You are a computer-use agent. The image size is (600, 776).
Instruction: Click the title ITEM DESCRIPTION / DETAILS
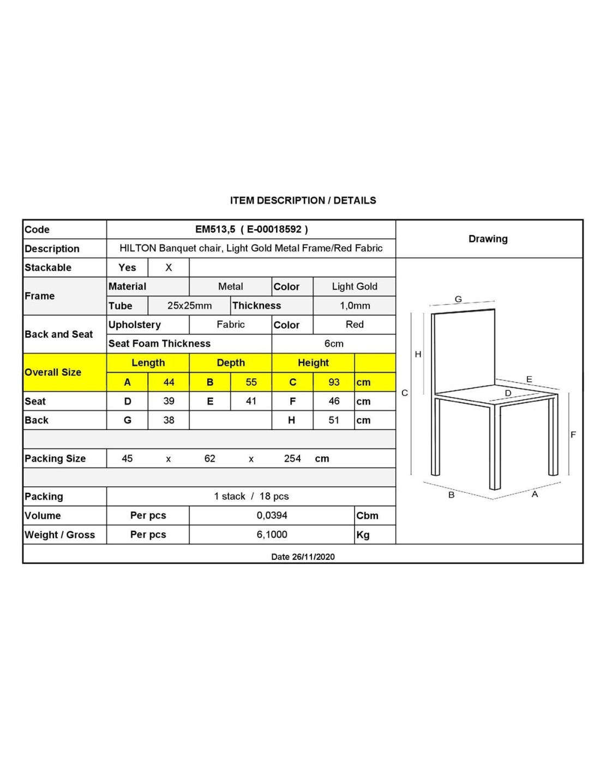click(x=303, y=200)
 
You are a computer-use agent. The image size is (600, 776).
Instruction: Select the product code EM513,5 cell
click(x=251, y=229)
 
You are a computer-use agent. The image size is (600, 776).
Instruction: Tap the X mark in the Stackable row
click(x=169, y=267)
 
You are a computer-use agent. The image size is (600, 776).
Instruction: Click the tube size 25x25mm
click(x=189, y=306)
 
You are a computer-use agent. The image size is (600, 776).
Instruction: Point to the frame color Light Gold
click(x=355, y=286)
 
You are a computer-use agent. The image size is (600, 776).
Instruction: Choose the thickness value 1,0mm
click(x=355, y=306)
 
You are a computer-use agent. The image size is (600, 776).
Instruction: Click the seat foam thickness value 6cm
click(x=334, y=344)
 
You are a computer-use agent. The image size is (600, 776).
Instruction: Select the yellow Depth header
click(x=231, y=363)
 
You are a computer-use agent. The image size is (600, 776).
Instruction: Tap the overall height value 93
click(x=334, y=382)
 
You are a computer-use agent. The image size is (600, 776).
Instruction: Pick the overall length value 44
click(x=169, y=382)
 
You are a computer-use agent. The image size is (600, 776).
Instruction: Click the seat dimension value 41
click(x=251, y=401)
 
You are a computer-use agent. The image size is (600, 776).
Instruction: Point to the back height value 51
click(x=334, y=420)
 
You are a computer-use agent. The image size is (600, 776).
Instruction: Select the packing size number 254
click(x=292, y=458)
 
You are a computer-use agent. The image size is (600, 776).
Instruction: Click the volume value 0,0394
click(x=272, y=515)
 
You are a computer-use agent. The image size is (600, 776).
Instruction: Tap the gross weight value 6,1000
click(x=272, y=534)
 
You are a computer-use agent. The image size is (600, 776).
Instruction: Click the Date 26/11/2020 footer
click(x=303, y=557)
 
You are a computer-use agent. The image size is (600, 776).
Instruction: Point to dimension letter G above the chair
click(x=458, y=299)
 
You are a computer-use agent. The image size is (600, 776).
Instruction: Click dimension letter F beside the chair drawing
click(x=573, y=435)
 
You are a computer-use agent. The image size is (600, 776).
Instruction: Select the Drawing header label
click(x=488, y=239)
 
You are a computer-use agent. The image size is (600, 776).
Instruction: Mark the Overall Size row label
click(x=53, y=372)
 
